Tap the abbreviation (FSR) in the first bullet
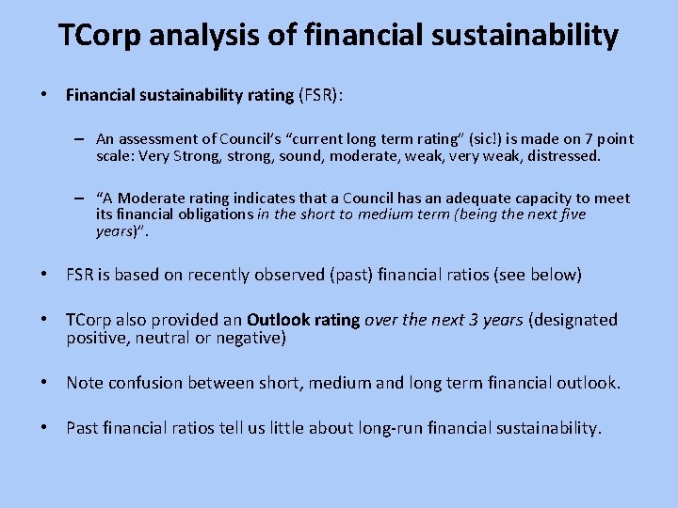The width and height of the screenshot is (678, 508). click(321, 95)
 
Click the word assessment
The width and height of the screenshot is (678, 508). click(155, 139)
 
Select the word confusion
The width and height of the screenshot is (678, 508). click(146, 382)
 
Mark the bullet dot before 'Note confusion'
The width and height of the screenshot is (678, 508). click(44, 382)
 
